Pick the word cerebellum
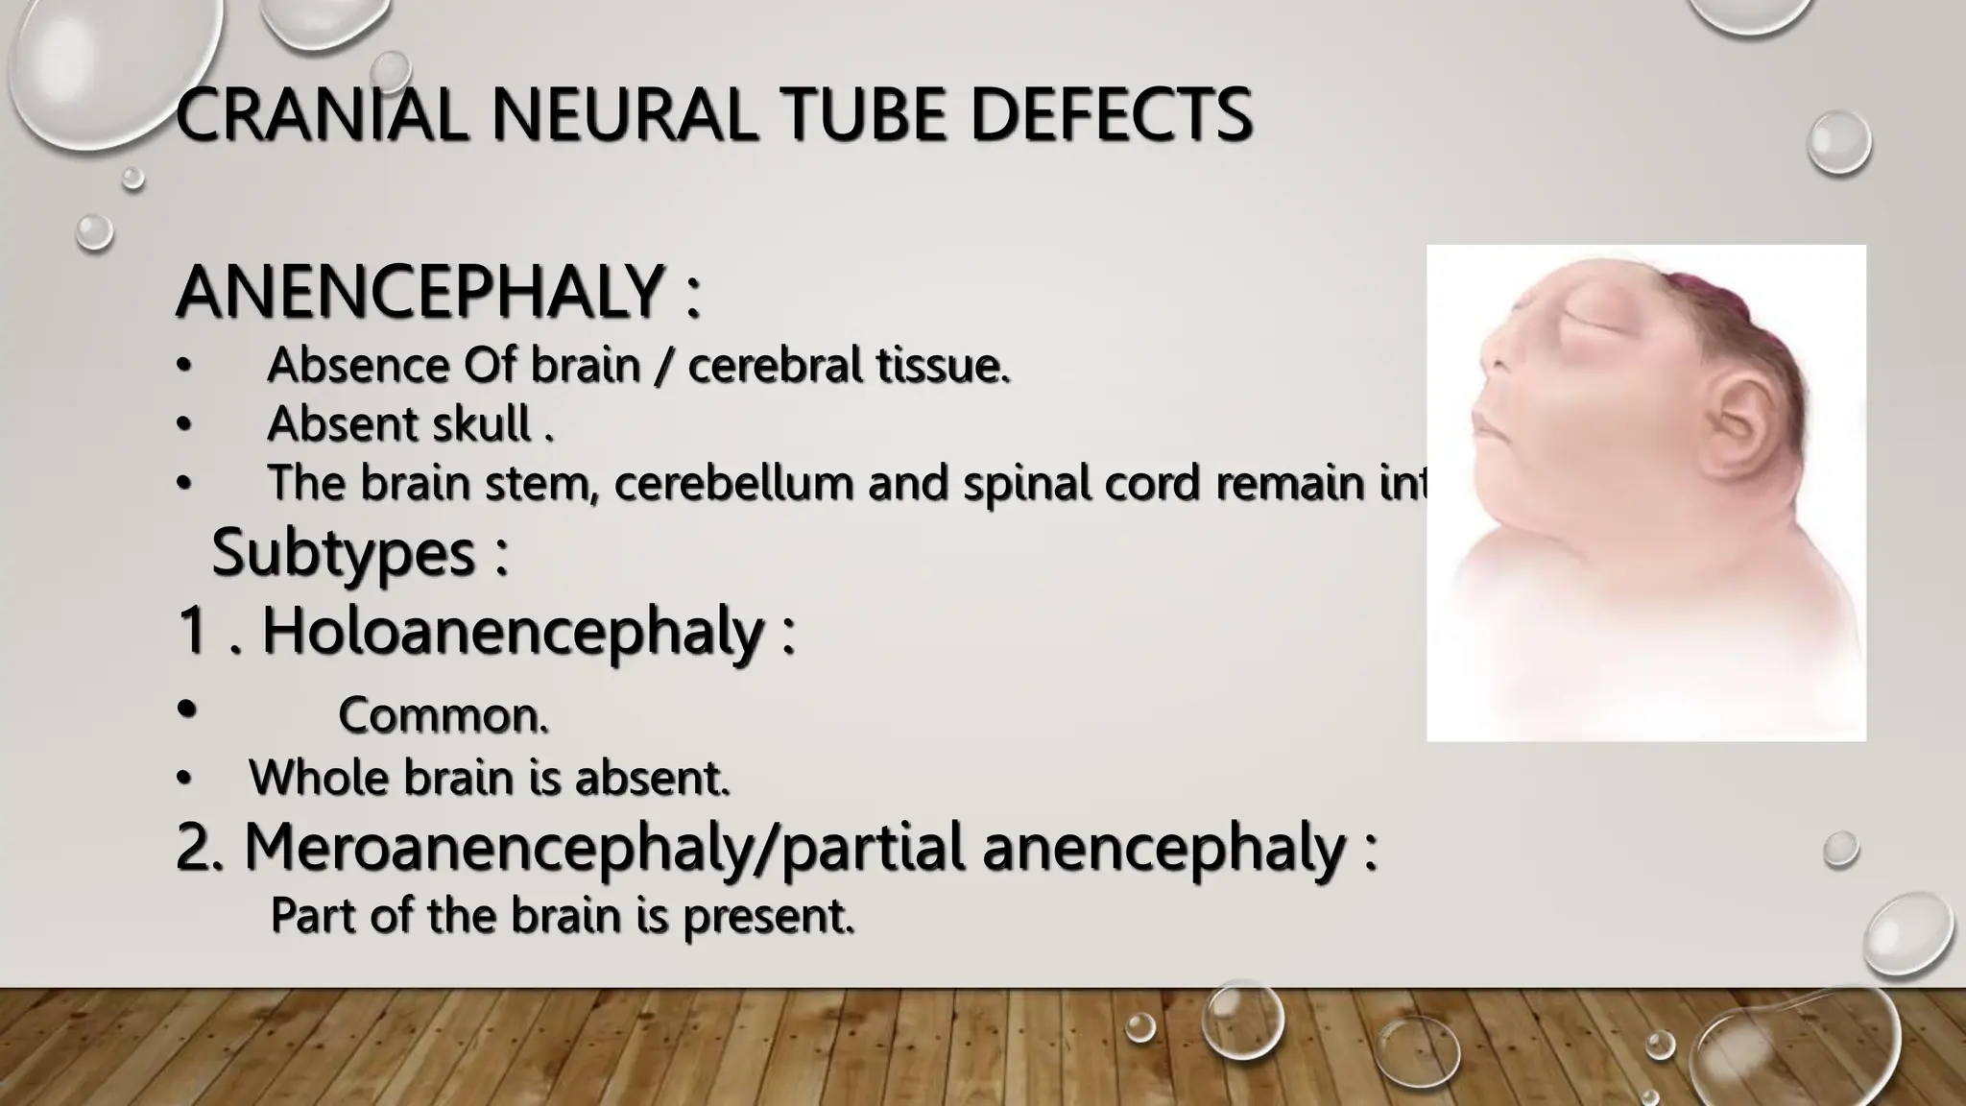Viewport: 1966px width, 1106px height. pyautogui.click(x=734, y=482)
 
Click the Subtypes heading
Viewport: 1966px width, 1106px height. pyautogui.click(x=344, y=552)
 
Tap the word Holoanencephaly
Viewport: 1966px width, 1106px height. pyautogui.click(x=513, y=631)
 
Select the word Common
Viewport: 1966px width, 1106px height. pyautogui.click(x=443, y=715)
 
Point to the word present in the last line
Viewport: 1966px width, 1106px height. pyautogui.click(x=768, y=915)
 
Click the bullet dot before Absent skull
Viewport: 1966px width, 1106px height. pyautogui.click(x=183, y=423)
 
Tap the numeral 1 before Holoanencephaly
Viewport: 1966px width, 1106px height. pyautogui.click(x=193, y=631)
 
